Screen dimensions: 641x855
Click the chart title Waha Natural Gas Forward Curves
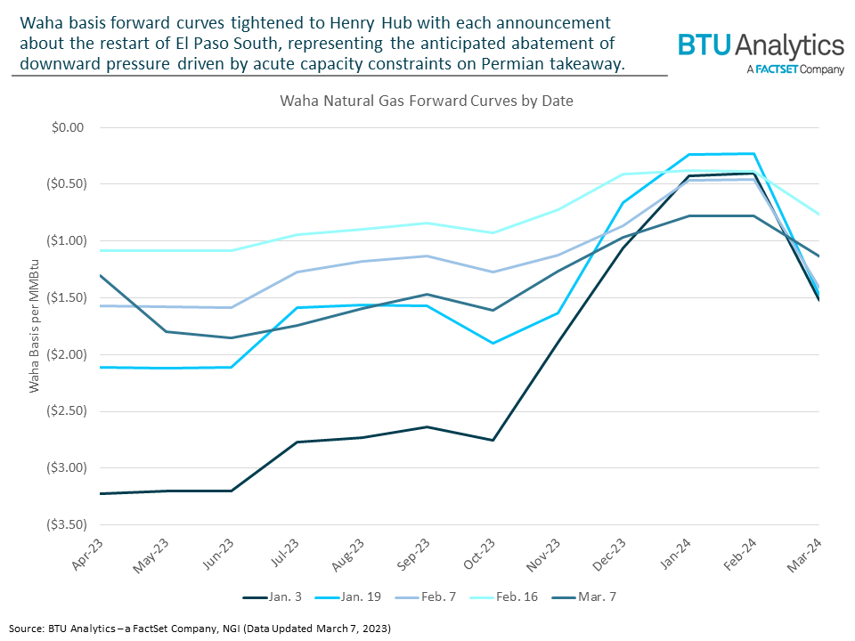click(427, 101)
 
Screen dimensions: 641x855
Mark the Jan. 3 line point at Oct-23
click(493, 440)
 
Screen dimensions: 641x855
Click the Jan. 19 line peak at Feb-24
click(754, 154)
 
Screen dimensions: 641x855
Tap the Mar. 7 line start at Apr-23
click(101, 275)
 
